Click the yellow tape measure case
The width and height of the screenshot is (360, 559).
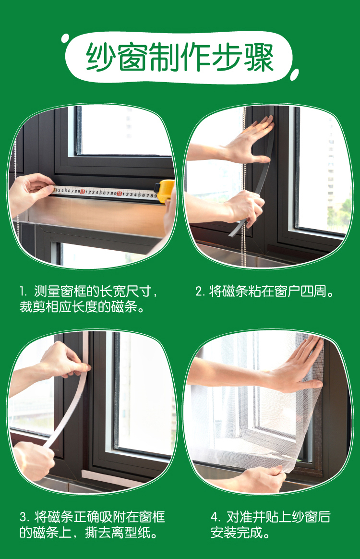tap(166, 191)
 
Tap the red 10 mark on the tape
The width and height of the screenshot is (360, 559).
tap(83, 192)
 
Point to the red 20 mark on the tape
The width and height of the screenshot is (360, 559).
tap(120, 194)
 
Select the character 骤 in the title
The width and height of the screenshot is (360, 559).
tap(259, 57)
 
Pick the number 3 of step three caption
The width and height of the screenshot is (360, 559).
tap(24, 517)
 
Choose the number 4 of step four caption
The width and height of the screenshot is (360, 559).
tap(215, 517)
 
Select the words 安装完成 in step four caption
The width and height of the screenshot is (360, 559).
tap(236, 533)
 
